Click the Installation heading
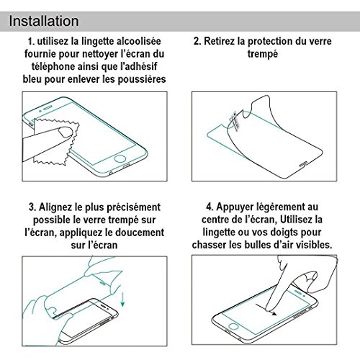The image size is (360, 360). click(44, 21)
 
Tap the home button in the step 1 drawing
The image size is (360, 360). click(120, 159)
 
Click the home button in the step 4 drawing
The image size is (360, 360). click(233, 326)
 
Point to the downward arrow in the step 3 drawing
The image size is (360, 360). click(122, 299)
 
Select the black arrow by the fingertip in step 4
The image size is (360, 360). click(266, 310)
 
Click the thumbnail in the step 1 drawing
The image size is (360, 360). click(66, 132)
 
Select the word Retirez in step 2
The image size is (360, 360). click(219, 41)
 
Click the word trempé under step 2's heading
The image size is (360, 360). click(263, 54)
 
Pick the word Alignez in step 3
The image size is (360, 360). click(55, 207)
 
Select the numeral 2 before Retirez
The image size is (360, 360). click(197, 41)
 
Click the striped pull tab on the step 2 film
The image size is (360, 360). click(234, 121)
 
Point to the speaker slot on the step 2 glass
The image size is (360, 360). click(303, 164)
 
